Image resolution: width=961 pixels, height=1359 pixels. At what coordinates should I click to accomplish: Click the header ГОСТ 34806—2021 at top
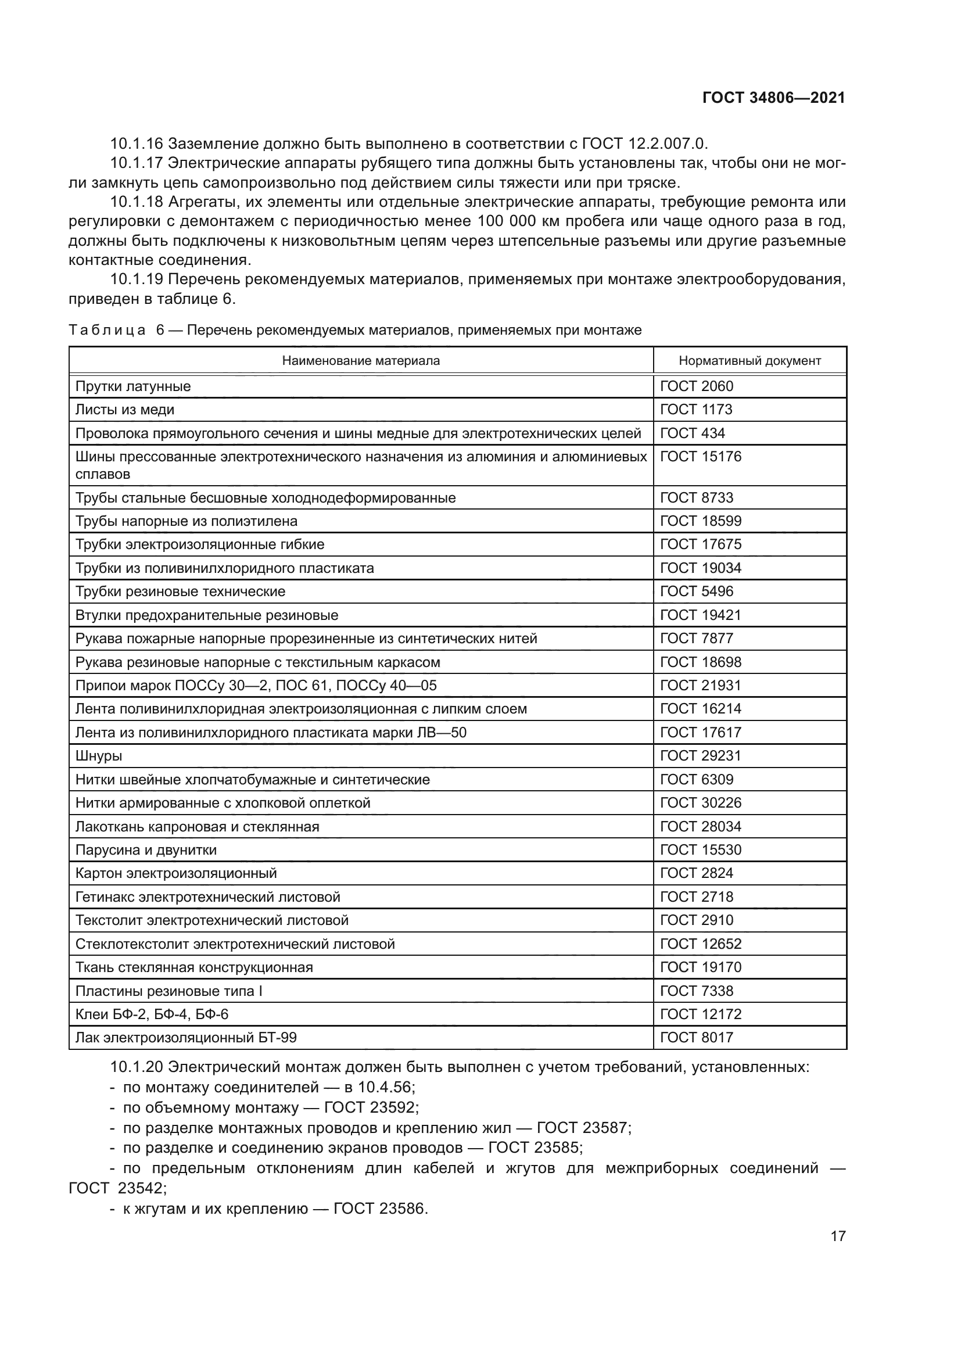point(773,98)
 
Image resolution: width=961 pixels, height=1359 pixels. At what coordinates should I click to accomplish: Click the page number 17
point(838,1236)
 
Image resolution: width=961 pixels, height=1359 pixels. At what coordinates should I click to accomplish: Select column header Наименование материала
point(360,361)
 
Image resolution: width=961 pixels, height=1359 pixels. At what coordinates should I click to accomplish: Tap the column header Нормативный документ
point(749,361)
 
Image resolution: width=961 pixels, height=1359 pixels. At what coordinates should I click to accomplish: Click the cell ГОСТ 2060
point(697,386)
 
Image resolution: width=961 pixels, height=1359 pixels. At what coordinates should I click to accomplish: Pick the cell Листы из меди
point(125,410)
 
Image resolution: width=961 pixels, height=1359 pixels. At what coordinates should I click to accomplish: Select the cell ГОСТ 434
point(693,433)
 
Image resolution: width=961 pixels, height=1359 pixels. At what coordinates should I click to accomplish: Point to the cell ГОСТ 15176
point(701,456)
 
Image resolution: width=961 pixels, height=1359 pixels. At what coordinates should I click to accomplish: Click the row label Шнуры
point(99,756)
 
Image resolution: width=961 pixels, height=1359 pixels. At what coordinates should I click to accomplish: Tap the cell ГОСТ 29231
point(701,756)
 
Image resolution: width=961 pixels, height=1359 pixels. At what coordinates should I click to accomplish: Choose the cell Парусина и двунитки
point(146,850)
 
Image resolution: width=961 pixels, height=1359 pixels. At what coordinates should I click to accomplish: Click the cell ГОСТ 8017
point(697,1038)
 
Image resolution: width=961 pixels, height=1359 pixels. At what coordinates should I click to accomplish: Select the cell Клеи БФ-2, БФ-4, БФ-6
point(152,1014)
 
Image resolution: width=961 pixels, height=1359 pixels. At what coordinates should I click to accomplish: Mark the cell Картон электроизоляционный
point(175,874)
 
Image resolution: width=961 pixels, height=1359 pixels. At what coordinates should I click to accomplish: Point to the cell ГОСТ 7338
point(697,991)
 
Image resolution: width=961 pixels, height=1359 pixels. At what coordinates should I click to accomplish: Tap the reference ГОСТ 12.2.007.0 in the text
point(644,144)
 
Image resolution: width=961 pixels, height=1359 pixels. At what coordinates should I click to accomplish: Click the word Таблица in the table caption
point(107,330)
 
